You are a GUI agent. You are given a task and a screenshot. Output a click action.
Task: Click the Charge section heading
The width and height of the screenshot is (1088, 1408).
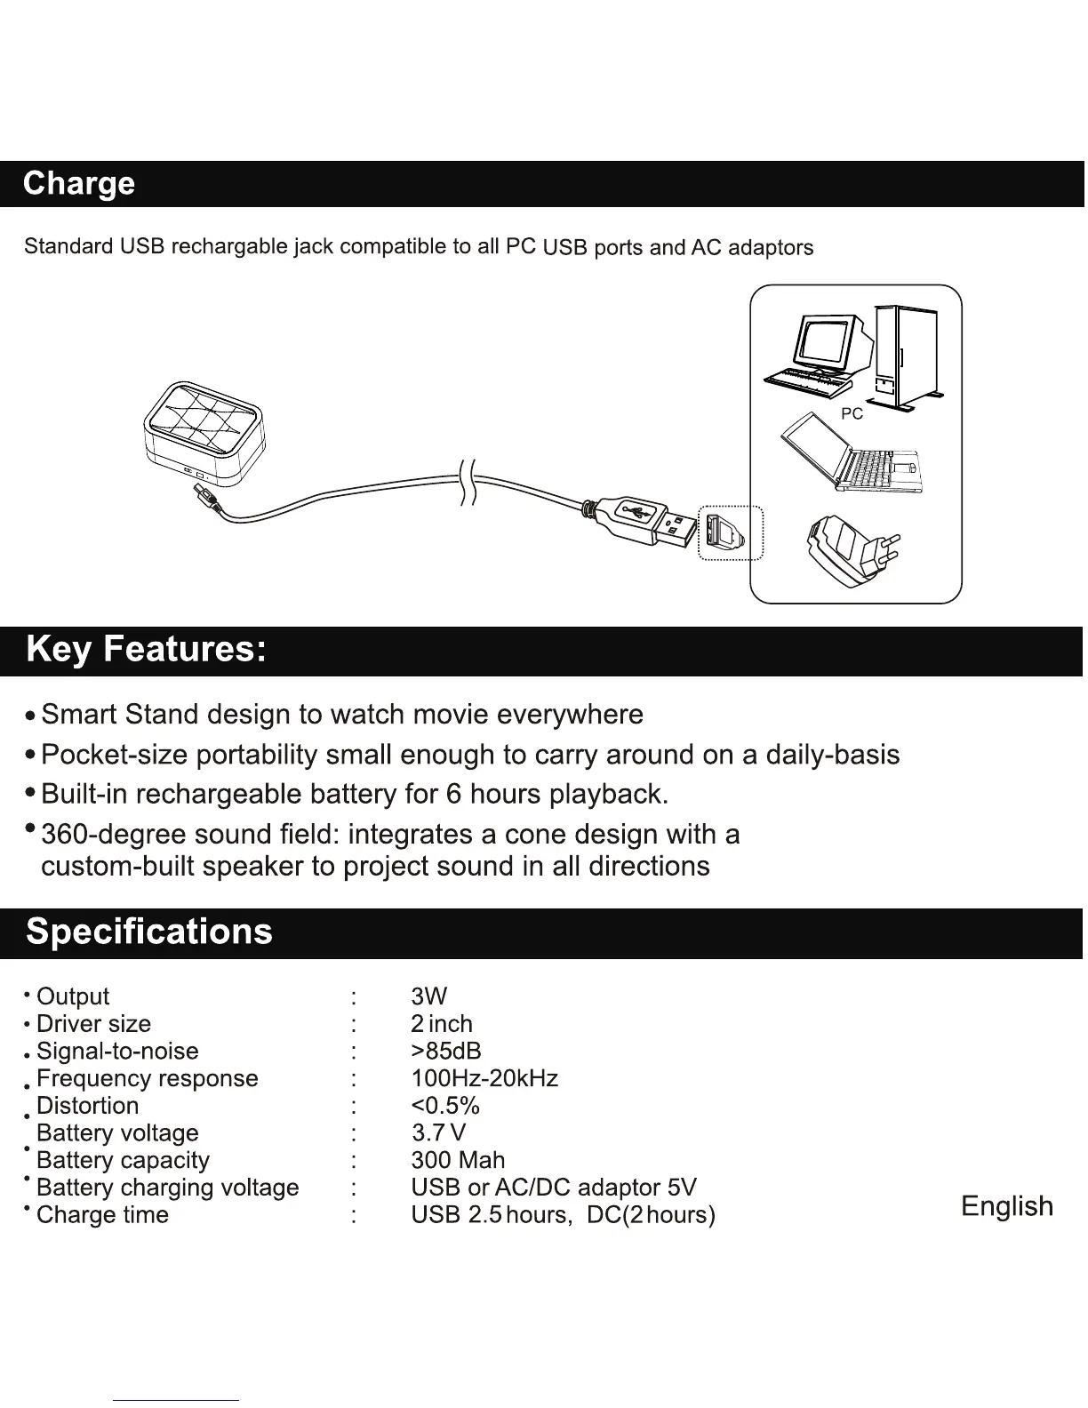(x=79, y=184)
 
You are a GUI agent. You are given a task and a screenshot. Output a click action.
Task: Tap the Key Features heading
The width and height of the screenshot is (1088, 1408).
(x=146, y=650)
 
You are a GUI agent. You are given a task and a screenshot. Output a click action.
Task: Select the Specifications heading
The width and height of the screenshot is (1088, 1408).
(x=149, y=932)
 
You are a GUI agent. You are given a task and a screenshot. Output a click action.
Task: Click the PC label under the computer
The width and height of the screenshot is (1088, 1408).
(x=852, y=414)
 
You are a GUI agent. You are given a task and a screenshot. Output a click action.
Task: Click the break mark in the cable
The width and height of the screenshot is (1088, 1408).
(x=468, y=483)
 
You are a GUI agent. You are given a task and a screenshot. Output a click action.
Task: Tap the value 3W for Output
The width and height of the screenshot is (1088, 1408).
(x=429, y=996)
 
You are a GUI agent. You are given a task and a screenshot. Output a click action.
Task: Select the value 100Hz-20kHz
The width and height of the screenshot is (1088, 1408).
(x=484, y=1079)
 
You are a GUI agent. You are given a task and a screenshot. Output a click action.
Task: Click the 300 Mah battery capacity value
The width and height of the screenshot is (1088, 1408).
(x=458, y=1161)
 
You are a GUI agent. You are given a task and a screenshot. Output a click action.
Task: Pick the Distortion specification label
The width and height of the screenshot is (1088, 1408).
(x=88, y=1107)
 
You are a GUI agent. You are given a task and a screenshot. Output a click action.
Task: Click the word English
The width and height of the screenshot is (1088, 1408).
(x=1007, y=1207)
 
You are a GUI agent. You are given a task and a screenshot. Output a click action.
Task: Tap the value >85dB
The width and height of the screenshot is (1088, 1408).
(x=446, y=1052)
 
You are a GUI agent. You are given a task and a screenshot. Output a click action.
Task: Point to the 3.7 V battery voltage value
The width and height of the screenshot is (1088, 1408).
(x=439, y=1133)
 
